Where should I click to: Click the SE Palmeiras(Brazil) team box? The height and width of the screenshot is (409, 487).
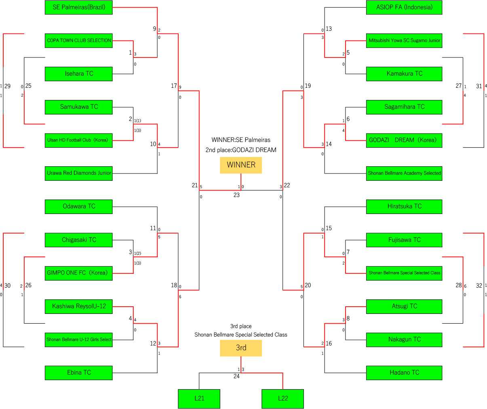click(78, 7)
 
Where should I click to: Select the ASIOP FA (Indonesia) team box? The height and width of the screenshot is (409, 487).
click(404, 7)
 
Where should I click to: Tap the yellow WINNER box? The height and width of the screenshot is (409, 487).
click(241, 165)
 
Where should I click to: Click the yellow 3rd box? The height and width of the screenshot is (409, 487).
click(241, 348)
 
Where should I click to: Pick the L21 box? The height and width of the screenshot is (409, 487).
click(199, 399)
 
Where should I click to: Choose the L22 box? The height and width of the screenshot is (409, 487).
click(283, 399)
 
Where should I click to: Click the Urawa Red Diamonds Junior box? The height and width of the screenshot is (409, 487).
click(78, 174)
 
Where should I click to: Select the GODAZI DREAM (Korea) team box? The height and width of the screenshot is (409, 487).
click(404, 140)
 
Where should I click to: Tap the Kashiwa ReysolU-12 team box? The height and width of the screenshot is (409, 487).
click(78, 307)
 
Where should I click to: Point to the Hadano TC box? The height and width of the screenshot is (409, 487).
click(404, 373)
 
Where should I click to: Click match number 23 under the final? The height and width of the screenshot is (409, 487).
click(236, 195)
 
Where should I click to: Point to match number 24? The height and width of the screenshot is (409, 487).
click(236, 376)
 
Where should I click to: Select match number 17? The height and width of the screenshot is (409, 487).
click(174, 86)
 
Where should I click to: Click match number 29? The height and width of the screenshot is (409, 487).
click(7, 86)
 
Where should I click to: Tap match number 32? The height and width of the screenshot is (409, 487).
click(479, 286)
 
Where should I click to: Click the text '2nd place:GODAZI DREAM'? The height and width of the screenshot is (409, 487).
click(241, 150)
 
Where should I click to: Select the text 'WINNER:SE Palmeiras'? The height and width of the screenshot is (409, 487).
click(241, 140)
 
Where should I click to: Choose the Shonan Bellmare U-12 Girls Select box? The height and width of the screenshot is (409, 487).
click(78, 340)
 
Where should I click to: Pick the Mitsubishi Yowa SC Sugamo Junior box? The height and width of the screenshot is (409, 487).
click(404, 40)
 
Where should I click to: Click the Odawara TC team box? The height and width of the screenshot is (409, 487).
click(78, 207)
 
